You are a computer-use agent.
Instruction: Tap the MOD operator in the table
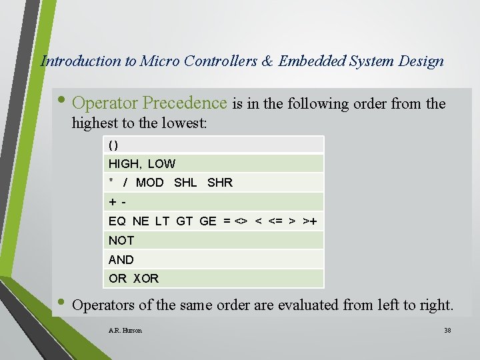(x=149, y=183)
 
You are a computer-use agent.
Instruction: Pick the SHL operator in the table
(x=185, y=183)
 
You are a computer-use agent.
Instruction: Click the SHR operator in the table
(x=220, y=183)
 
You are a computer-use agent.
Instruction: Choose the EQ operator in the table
(x=117, y=221)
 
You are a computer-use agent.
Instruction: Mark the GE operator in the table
(x=208, y=221)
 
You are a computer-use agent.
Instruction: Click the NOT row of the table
(x=121, y=241)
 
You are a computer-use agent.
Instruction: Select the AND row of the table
(x=121, y=259)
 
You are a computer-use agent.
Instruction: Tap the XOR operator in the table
(x=146, y=279)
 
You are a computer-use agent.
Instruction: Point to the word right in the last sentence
(x=435, y=305)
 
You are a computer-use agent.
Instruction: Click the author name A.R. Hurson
(x=125, y=331)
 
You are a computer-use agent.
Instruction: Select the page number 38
(x=447, y=331)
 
